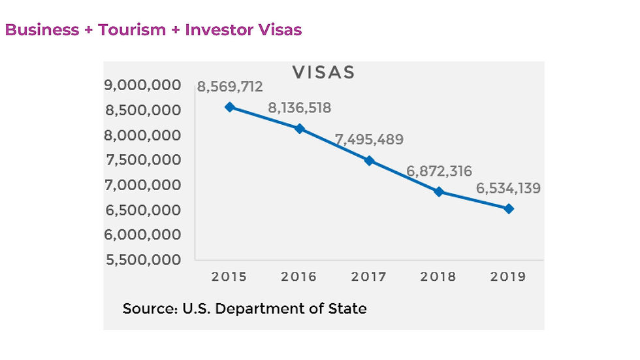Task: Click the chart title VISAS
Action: [x=323, y=72]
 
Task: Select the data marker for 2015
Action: [x=229, y=106]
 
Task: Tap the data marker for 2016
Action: [x=299, y=129]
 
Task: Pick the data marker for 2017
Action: [x=369, y=161]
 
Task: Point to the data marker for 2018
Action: [x=439, y=191]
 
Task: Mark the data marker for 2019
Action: [x=509, y=208]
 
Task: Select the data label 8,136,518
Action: [x=299, y=108]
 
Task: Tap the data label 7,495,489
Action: [x=369, y=139]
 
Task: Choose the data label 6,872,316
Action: [x=439, y=171]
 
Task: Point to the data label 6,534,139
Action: [x=509, y=189]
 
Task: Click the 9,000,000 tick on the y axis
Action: [x=142, y=85]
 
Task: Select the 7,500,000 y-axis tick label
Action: [x=142, y=160]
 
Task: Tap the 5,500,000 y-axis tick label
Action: [x=142, y=259]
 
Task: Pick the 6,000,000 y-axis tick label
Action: [x=142, y=235]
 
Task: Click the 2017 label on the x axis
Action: [x=369, y=276]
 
